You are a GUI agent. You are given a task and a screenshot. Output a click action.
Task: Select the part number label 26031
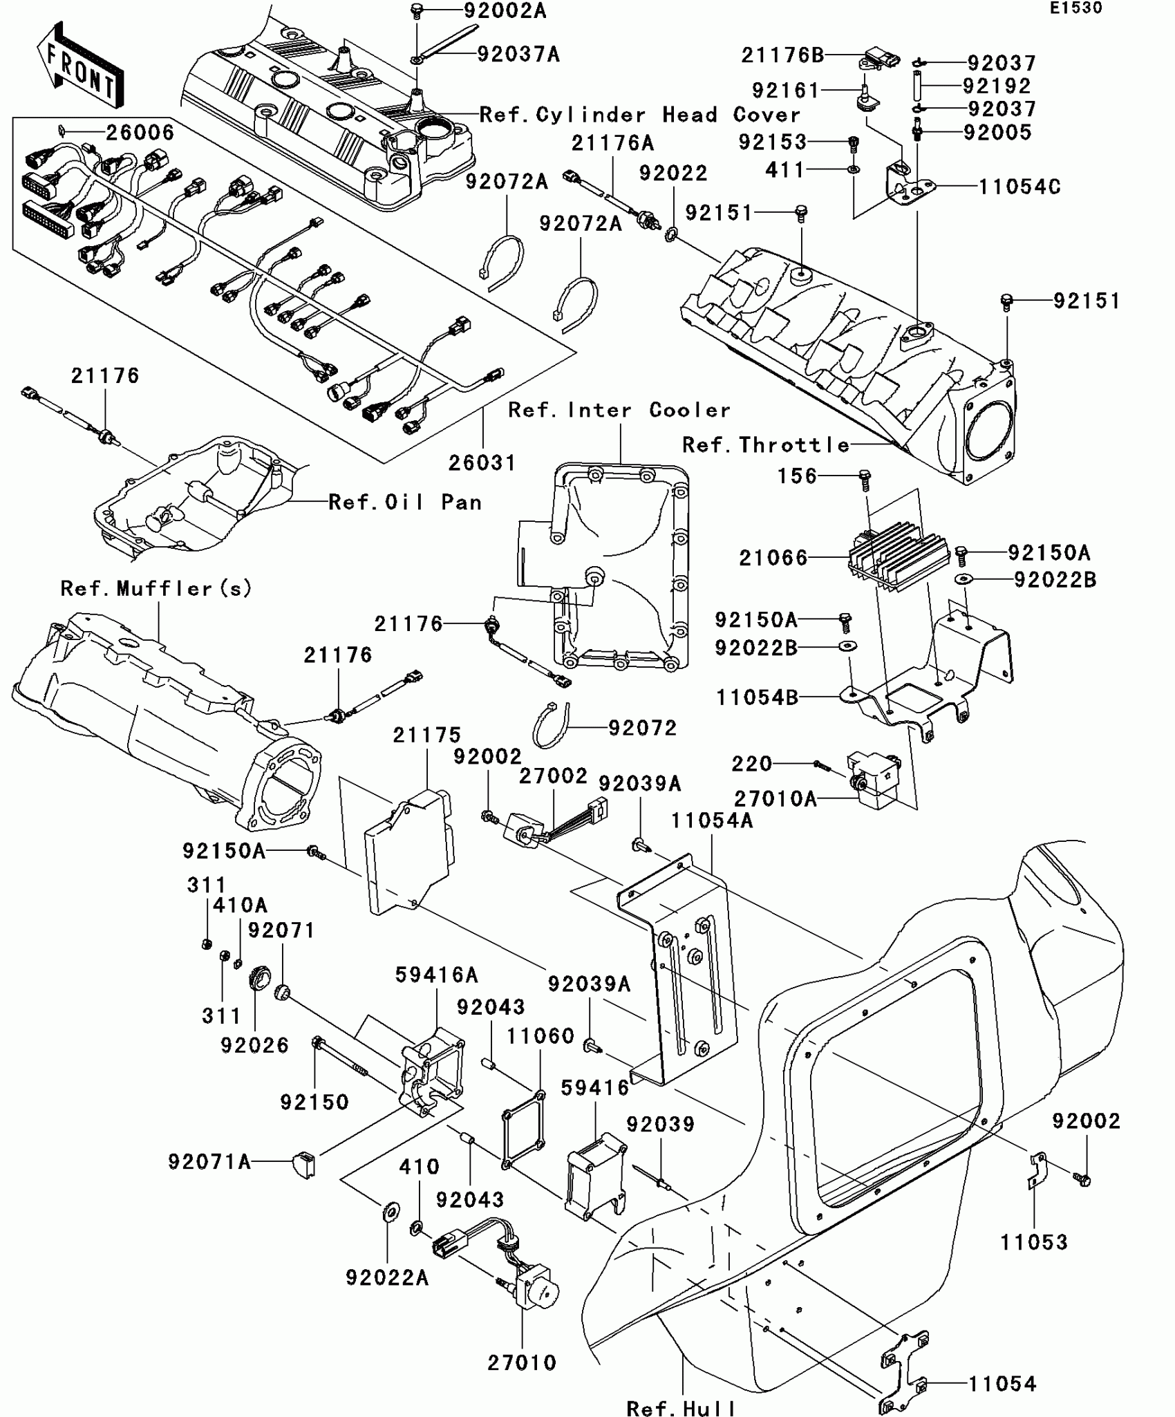point(482,462)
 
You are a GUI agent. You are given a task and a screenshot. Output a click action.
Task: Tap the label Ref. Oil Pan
point(405,502)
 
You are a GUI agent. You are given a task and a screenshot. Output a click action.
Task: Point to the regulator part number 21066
point(773,558)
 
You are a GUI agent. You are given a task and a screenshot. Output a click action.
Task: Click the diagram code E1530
point(1076,8)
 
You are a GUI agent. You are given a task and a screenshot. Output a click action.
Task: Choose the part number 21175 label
point(427,735)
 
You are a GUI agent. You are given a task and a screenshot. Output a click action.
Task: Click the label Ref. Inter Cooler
point(619,410)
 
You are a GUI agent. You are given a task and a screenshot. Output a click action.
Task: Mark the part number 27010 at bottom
point(522,1362)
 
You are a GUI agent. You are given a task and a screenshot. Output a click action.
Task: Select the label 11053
point(1034,1242)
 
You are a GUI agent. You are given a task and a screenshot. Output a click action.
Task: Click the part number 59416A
point(437,975)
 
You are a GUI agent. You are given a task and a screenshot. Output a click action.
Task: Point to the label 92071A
point(209,1161)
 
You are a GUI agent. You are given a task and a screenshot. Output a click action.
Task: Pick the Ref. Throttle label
point(766,444)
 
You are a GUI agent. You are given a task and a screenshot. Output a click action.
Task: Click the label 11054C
point(1019,187)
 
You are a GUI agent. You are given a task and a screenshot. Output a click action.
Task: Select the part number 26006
point(140,132)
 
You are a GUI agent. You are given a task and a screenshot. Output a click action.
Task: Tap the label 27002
point(554,776)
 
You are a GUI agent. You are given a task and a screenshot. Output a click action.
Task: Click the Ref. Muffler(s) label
point(157,588)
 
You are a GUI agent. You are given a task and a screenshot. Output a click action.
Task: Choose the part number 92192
point(997,86)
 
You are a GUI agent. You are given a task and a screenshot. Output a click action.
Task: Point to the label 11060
point(540,1035)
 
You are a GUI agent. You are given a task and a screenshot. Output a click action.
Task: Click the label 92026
point(255,1045)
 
